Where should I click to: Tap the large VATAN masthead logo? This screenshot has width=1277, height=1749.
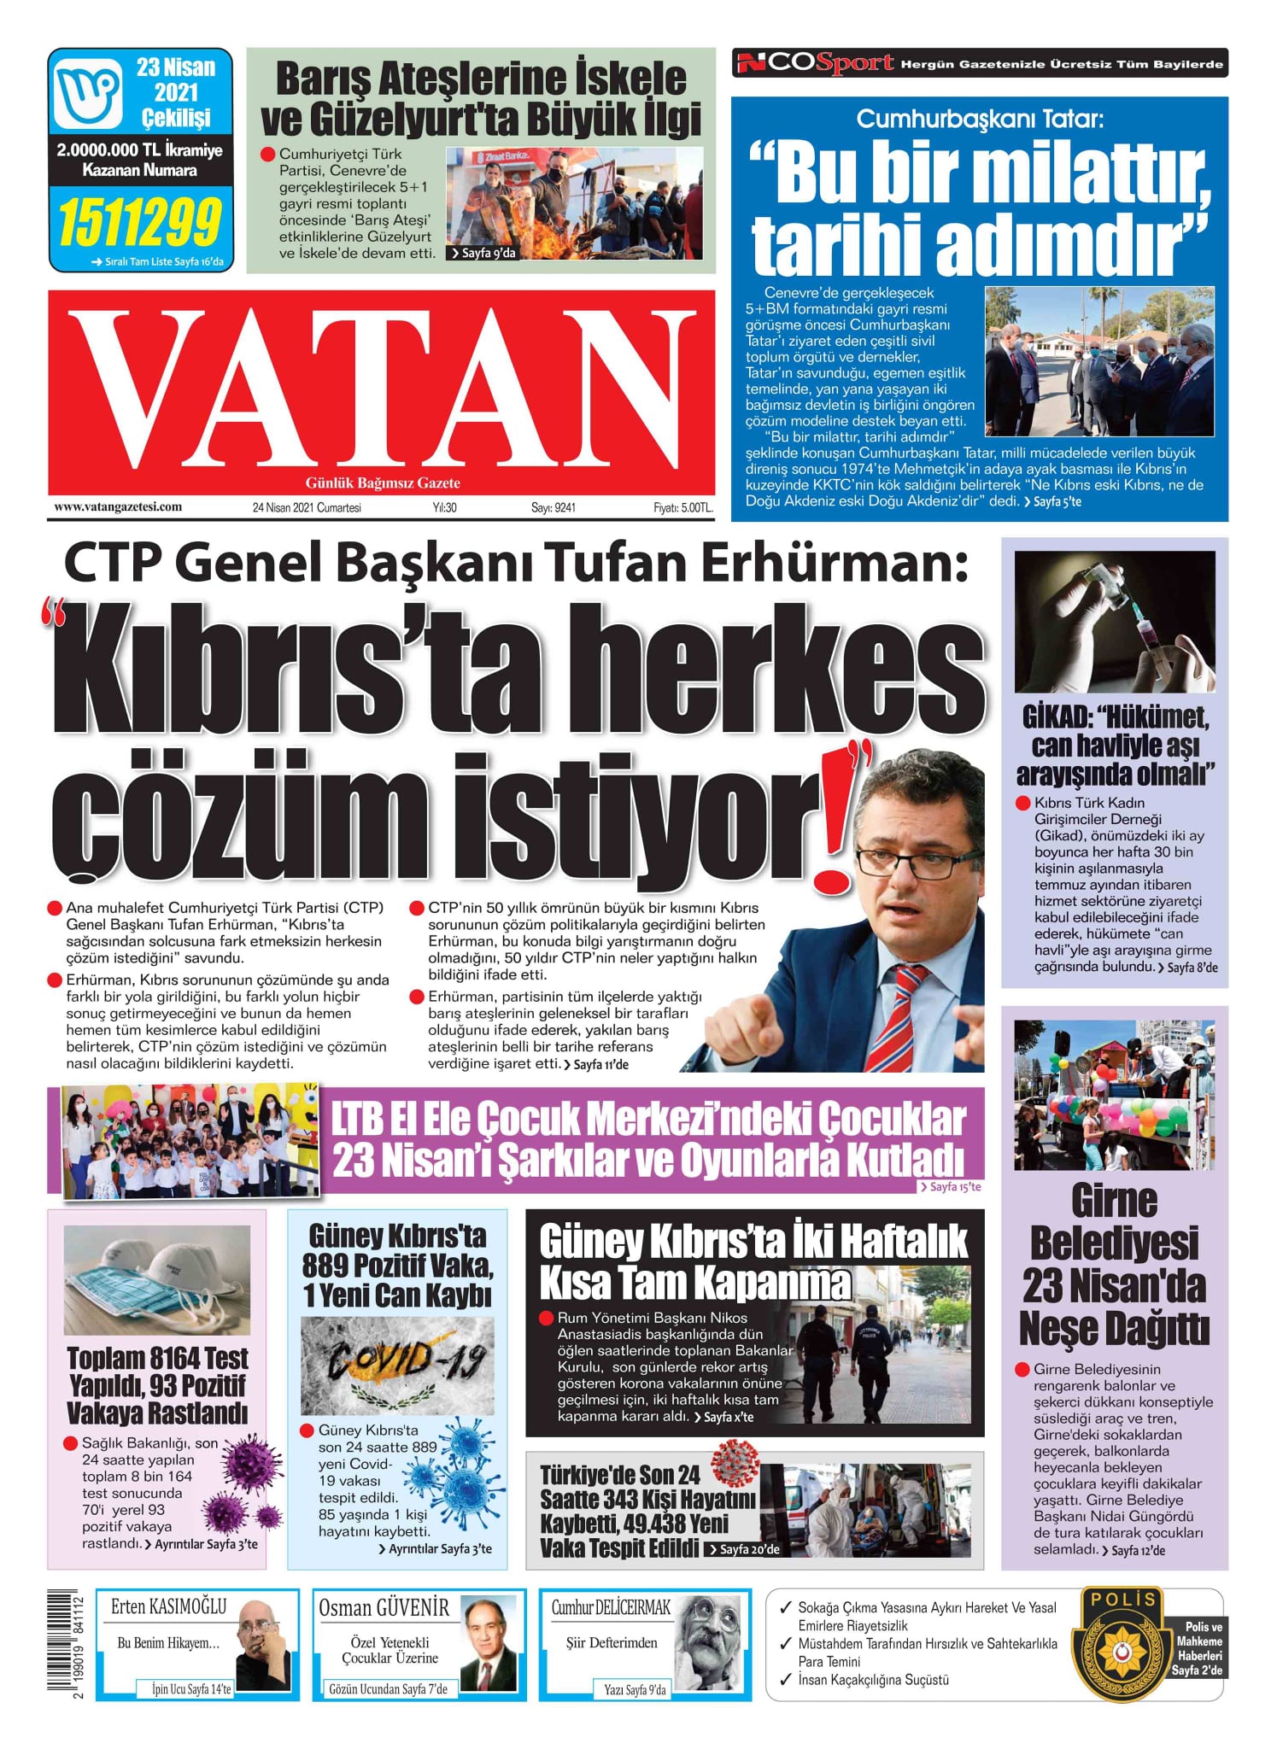pos(381,389)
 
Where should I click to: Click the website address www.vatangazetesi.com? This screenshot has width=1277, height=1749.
pos(118,507)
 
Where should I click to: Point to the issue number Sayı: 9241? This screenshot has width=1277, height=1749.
pos(554,508)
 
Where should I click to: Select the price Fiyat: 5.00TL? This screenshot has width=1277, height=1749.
pos(682,508)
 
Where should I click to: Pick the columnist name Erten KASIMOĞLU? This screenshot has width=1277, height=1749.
pos(168,1607)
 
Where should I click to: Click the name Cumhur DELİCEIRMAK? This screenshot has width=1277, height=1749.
pos(611,1608)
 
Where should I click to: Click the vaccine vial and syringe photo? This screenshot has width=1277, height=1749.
pos(1114,621)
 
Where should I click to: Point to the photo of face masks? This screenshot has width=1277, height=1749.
pos(157,1279)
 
